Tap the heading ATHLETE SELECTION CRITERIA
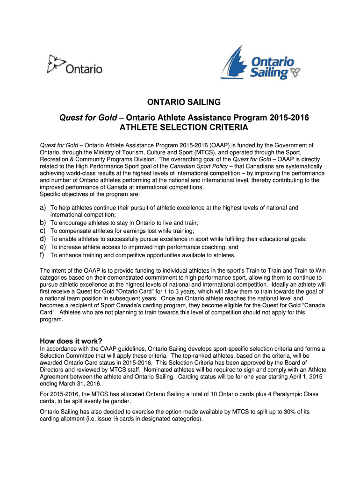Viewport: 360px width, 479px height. coord(180,127)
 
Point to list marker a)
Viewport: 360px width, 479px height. coord(43,207)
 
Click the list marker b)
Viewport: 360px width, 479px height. coord(43,222)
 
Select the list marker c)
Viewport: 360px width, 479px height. coord(43,230)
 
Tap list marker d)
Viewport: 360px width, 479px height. coord(43,239)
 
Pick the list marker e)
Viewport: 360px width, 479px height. coord(43,247)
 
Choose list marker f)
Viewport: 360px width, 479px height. coord(42,255)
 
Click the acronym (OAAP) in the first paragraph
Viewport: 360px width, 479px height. coord(226,145)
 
